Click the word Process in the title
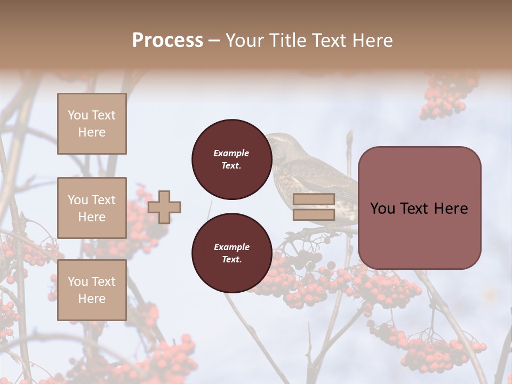(x=167, y=40)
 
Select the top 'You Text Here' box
(x=92, y=124)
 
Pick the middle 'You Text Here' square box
(x=92, y=208)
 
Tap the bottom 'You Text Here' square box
(x=92, y=290)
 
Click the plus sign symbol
(x=164, y=207)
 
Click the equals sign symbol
(x=314, y=207)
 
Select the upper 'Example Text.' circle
(x=231, y=159)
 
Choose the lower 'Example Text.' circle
(x=231, y=253)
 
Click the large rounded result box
(x=419, y=208)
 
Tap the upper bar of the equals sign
(x=314, y=199)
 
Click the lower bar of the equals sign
(x=314, y=215)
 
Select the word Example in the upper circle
(x=231, y=153)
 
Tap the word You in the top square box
(x=78, y=115)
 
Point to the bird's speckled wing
(x=315, y=176)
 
